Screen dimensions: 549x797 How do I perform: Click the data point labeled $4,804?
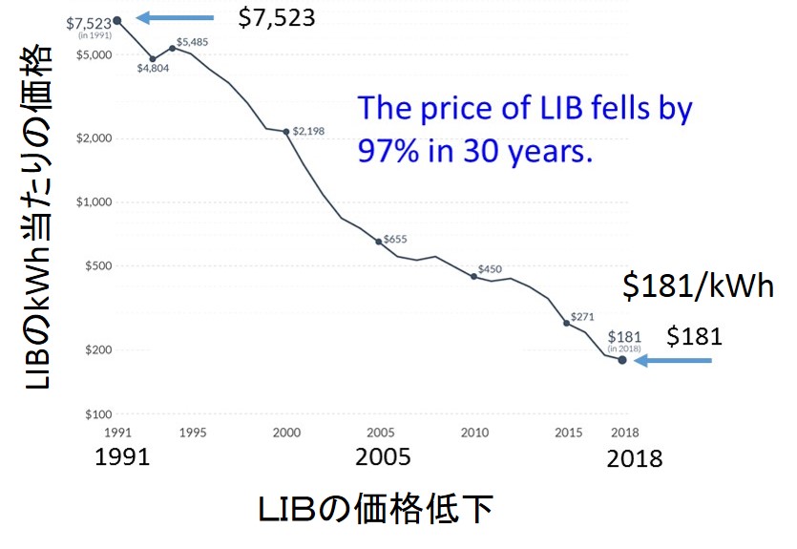coord(153,58)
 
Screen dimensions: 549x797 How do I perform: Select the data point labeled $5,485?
coord(172,48)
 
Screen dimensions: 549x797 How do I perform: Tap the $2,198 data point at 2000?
coord(286,131)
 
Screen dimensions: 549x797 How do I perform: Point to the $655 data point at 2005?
coord(380,242)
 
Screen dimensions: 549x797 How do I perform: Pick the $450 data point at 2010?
coord(474,276)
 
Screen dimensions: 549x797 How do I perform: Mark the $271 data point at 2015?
coord(567,324)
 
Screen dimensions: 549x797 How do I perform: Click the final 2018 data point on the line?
coord(622,360)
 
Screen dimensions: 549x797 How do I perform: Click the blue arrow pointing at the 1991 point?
coord(176,17)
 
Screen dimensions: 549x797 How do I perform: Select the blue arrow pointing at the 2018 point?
coord(678,361)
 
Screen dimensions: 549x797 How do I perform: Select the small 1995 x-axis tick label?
coord(192,433)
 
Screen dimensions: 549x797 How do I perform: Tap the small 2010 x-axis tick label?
coord(474,433)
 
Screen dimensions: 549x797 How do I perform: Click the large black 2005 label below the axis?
coord(383,457)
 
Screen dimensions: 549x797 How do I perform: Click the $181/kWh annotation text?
coord(698,287)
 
